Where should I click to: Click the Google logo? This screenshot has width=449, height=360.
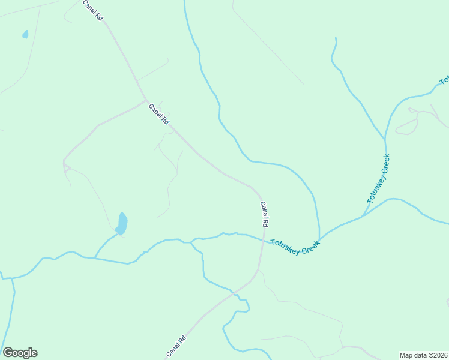20,353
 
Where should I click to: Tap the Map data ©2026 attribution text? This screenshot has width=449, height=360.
423,355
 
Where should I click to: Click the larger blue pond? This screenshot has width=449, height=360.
122,224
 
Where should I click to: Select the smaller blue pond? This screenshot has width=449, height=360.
25,34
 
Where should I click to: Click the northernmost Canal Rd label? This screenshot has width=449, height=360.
93,11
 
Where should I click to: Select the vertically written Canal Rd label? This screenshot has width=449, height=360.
264,214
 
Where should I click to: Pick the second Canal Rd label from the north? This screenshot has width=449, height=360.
158,113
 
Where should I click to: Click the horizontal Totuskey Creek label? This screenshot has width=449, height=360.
295,247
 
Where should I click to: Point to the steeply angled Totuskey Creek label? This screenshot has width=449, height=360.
378,179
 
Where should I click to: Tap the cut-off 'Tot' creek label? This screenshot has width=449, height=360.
444,80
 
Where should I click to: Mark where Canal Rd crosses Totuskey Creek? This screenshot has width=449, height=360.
262,241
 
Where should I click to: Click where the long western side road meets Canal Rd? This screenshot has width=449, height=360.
145,100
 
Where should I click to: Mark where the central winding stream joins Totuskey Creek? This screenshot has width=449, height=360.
319,240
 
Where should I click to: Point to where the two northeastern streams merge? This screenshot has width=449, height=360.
385,139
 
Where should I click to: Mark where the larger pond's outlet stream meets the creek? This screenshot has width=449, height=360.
95,258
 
